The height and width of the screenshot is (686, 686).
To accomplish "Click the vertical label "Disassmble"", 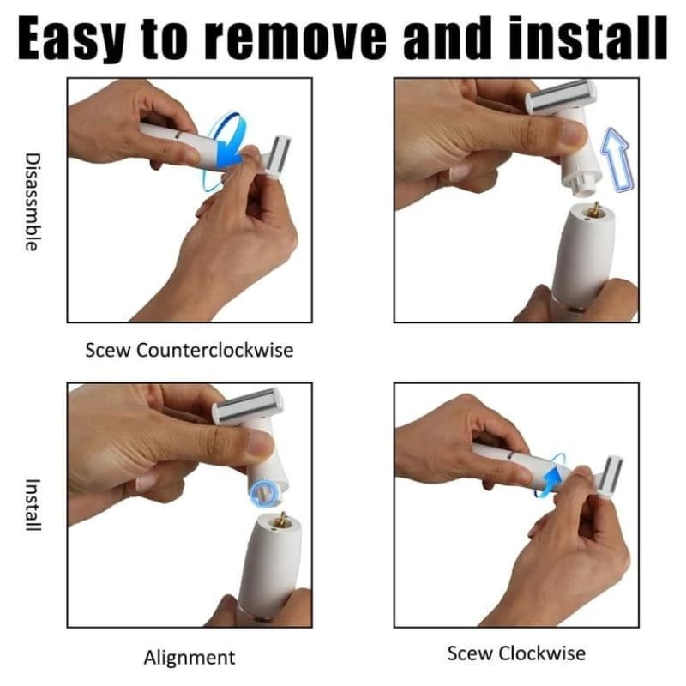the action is click(x=33, y=202).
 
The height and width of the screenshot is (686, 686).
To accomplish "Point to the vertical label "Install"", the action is click(x=33, y=505).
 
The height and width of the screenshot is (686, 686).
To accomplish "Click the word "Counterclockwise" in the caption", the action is click(x=215, y=350).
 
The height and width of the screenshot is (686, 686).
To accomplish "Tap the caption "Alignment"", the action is click(x=190, y=657).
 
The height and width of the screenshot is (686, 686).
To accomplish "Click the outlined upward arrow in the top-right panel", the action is click(x=617, y=159).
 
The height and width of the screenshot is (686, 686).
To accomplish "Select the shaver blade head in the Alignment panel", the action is click(x=247, y=406).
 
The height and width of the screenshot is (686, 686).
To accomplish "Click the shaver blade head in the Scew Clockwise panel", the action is click(x=611, y=478).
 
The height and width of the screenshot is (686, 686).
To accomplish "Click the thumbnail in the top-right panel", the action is click(x=573, y=134).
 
